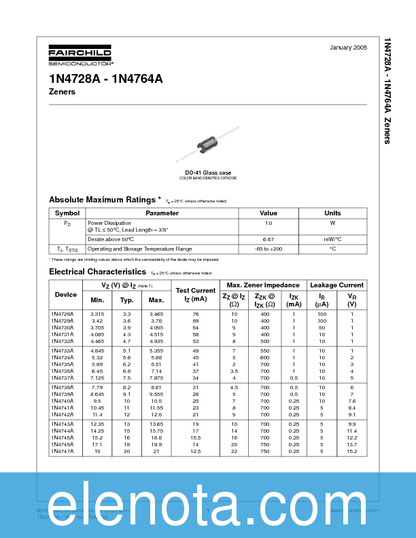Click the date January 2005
click(348, 48)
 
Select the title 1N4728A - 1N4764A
click(105, 78)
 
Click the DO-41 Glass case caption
click(208, 173)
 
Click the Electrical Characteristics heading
click(97, 272)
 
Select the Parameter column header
click(162, 213)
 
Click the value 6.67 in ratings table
click(268, 239)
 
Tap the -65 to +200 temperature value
click(268, 249)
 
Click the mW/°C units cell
click(332, 239)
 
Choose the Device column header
click(66, 295)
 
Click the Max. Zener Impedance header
click(263, 285)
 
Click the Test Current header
click(195, 295)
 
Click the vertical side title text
click(387, 90)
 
